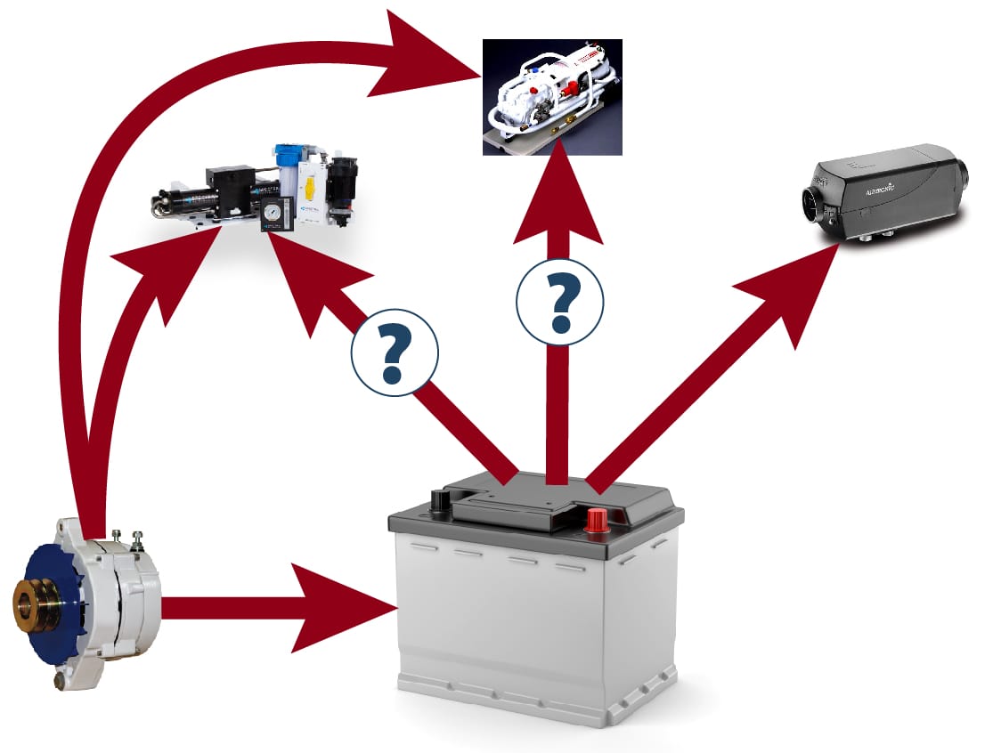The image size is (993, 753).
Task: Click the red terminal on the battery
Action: click(x=596, y=519)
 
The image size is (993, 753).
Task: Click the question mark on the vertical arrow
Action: click(x=560, y=300)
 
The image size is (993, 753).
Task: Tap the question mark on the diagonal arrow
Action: click(x=395, y=352)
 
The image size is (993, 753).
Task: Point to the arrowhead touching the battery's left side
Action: click(x=347, y=608)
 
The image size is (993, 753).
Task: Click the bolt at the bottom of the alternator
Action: click(x=61, y=681)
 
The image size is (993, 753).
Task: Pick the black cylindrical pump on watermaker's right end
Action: click(x=342, y=185)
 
